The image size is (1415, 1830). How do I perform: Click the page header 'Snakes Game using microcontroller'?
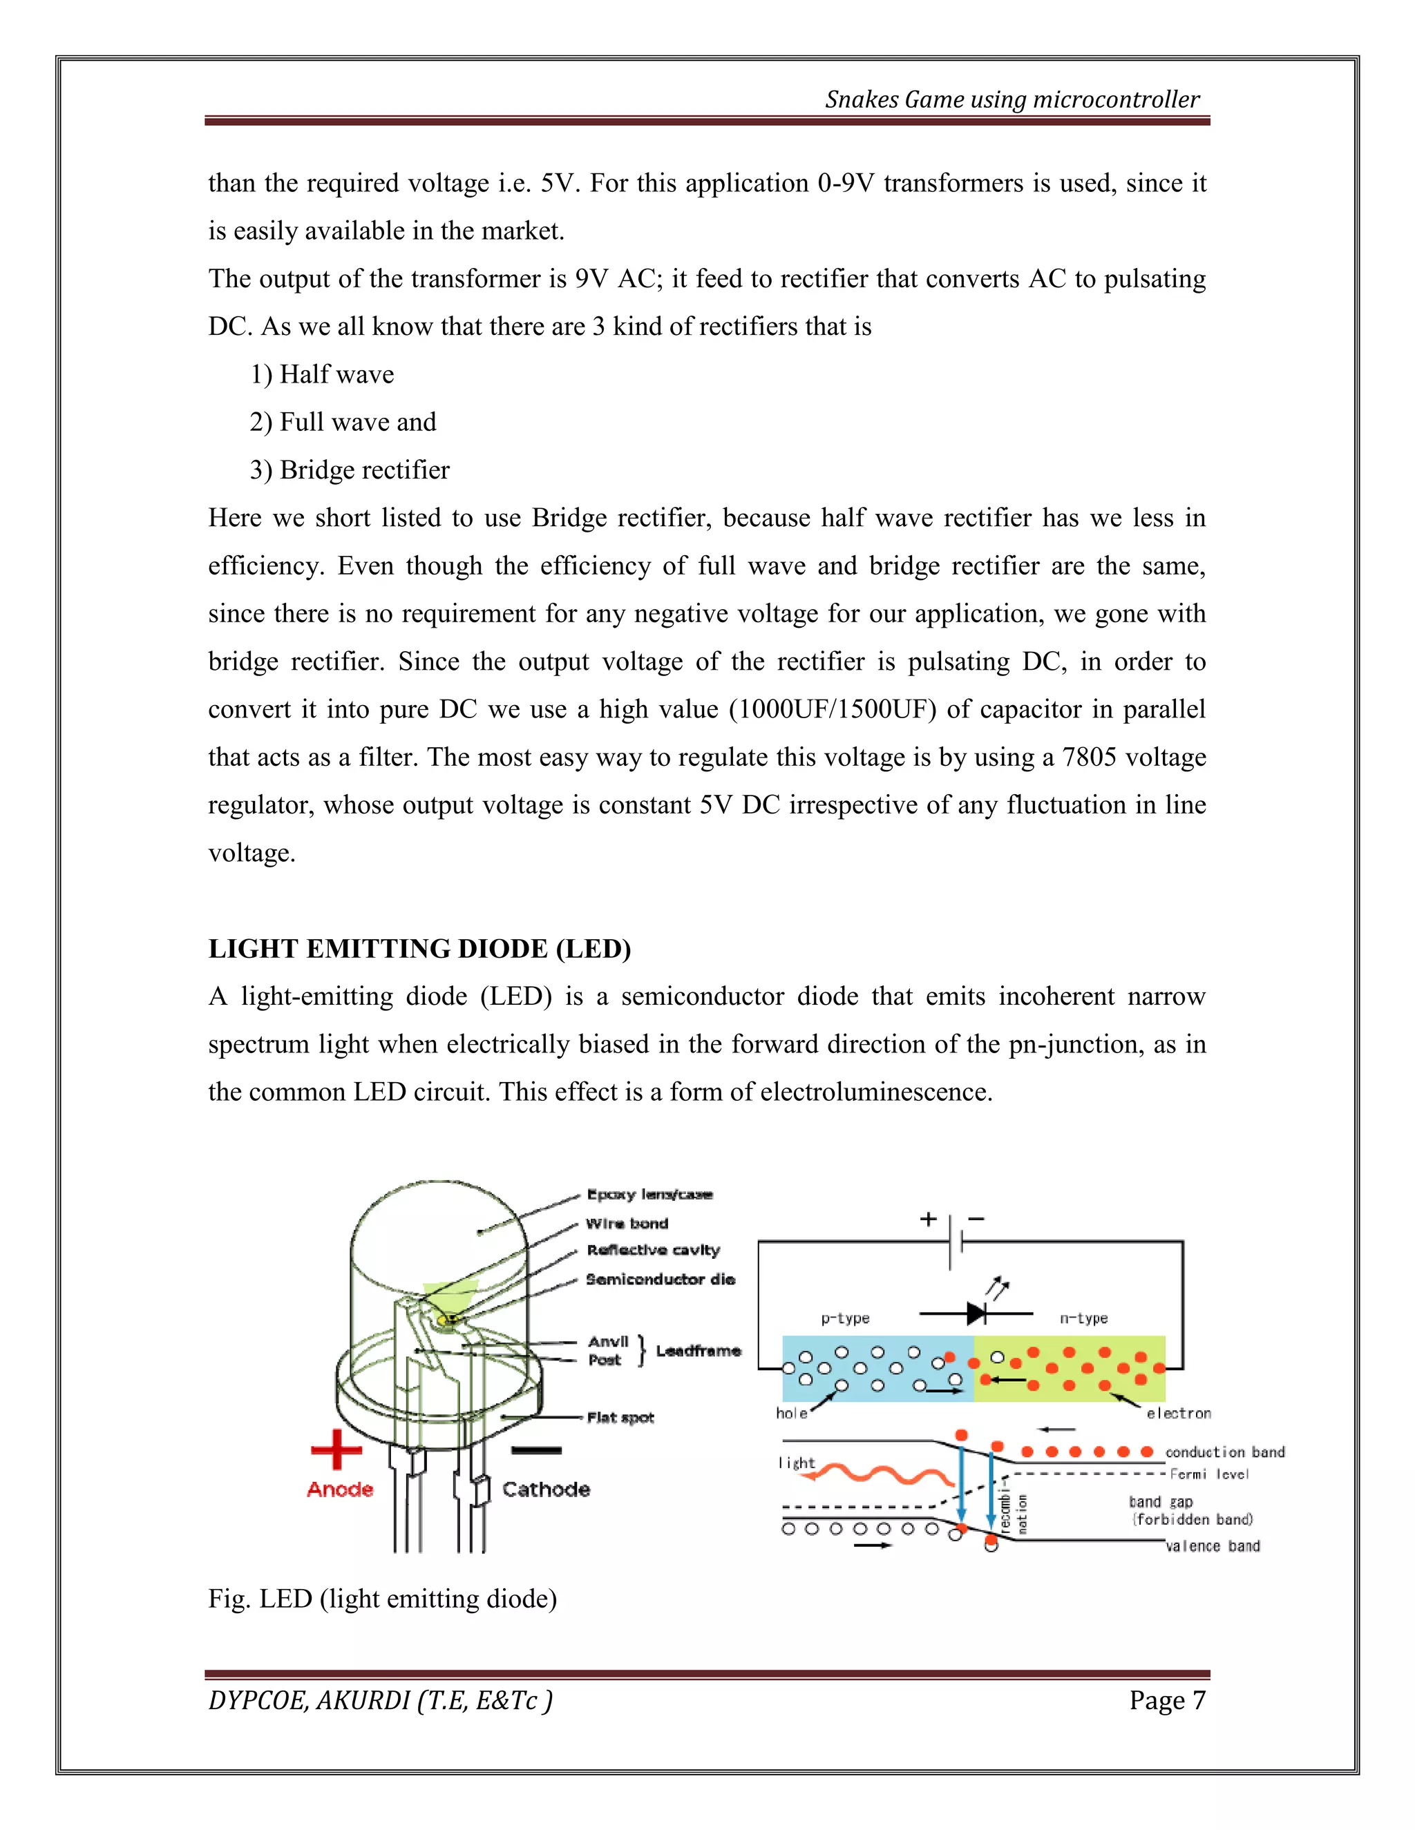[x=1012, y=99]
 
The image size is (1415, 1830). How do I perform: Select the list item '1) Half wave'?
[x=322, y=374]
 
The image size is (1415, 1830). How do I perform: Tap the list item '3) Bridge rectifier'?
[x=350, y=470]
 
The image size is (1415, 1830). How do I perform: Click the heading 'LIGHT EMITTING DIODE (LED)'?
[x=419, y=949]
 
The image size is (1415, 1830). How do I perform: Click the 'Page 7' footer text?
[x=1166, y=1700]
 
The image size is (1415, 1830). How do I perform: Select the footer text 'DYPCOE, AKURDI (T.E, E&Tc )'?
[x=380, y=1700]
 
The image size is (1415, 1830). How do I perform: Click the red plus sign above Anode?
[x=336, y=1449]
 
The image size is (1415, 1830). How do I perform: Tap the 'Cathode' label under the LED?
[x=546, y=1490]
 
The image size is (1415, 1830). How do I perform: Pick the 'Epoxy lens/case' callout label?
[x=649, y=1194]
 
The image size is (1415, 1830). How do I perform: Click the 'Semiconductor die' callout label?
[x=661, y=1280]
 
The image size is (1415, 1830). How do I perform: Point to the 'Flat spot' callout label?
[x=620, y=1418]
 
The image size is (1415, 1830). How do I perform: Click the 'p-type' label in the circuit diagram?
[x=845, y=1318]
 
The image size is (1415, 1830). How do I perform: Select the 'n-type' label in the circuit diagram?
[x=1083, y=1318]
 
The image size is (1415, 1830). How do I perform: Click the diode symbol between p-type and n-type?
[x=976, y=1313]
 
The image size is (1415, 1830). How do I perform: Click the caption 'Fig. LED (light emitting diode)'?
[x=382, y=1599]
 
